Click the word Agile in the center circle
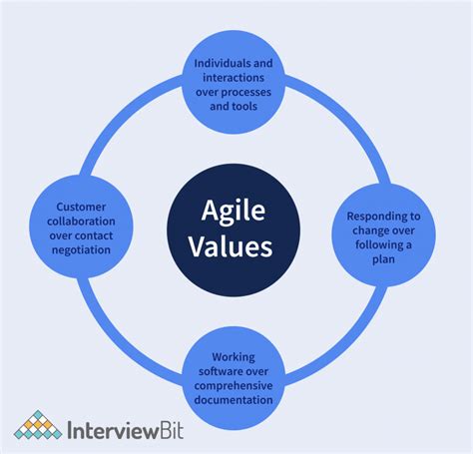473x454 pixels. (x=236, y=212)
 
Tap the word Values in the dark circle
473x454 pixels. (x=236, y=245)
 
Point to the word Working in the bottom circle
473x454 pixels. (x=236, y=356)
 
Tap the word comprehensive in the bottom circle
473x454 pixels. (x=236, y=385)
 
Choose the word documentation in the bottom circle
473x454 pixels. (x=236, y=400)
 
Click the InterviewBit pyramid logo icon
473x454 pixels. (x=37, y=426)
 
